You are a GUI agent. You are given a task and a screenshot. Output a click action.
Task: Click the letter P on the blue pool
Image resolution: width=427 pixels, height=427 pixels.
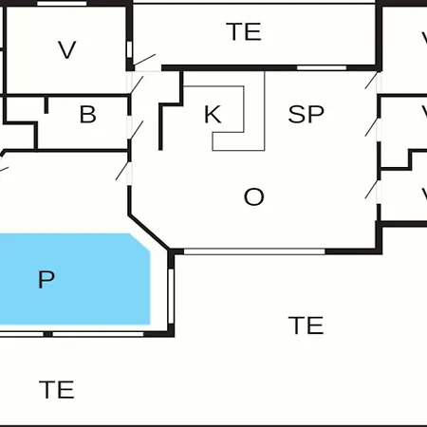pos(46,279)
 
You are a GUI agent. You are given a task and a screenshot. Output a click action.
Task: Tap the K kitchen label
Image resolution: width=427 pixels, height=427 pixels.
pos(213,114)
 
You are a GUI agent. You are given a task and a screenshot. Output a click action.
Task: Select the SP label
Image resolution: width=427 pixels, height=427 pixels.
pos(306,114)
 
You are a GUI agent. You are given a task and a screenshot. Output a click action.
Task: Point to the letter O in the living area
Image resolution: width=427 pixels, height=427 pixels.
pos(253,196)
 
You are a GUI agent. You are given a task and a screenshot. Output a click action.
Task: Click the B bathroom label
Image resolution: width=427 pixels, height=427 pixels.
pos(87,114)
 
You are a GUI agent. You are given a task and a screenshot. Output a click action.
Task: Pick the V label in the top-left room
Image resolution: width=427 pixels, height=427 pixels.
pos(67,49)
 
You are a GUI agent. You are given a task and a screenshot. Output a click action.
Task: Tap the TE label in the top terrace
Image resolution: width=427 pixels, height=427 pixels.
pos(244,31)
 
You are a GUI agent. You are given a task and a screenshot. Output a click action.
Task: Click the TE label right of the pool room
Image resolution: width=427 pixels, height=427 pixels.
pos(306,325)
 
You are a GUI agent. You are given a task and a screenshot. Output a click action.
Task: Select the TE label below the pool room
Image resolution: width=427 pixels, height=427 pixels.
pos(56,390)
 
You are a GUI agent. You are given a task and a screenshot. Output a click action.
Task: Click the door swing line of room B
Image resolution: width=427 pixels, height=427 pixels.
pos(137,130)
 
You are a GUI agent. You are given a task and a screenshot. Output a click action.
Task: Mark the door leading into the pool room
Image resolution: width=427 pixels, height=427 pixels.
pos(122,171)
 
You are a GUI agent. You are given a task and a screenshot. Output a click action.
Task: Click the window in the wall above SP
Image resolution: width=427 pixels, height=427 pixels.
pos(322,67)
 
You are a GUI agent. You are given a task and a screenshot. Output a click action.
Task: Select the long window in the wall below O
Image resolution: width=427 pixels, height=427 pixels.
pos(254,251)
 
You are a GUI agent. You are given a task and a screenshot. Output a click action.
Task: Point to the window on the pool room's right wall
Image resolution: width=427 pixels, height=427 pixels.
pos(171,296)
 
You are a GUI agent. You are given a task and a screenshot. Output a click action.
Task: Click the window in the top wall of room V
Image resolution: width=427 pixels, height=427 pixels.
pos(62,4)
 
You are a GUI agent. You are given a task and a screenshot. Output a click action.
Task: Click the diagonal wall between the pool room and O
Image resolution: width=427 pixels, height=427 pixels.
pos(149,232)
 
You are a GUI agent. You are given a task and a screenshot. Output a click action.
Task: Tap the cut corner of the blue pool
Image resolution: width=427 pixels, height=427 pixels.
pos(139,243)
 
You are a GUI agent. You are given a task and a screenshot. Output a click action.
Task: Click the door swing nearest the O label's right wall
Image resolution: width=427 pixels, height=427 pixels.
pos(371,189)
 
